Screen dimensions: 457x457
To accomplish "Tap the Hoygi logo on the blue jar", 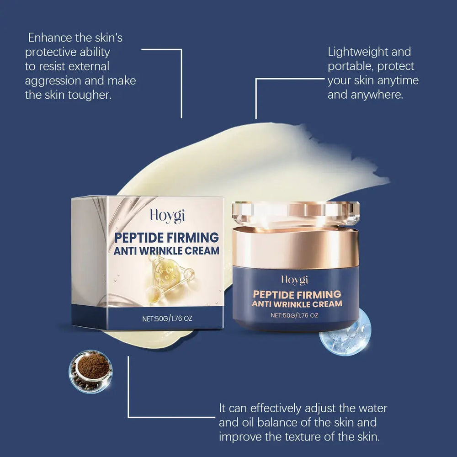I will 294,279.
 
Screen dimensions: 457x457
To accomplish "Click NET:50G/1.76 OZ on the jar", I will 294,315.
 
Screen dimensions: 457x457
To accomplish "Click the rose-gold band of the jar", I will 295,247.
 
